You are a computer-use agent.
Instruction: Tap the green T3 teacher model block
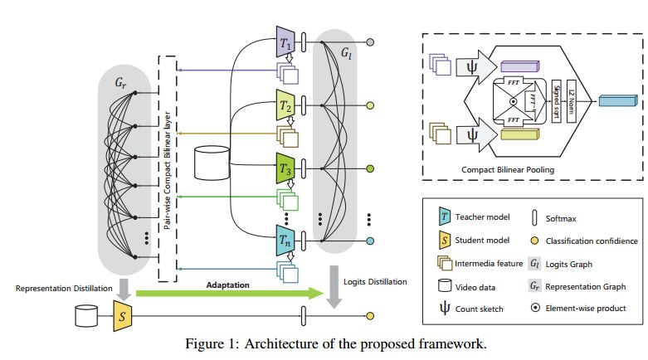click(285, 168)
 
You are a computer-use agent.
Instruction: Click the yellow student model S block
click(121, 315)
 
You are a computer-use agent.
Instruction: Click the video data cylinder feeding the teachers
click(210, 163)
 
